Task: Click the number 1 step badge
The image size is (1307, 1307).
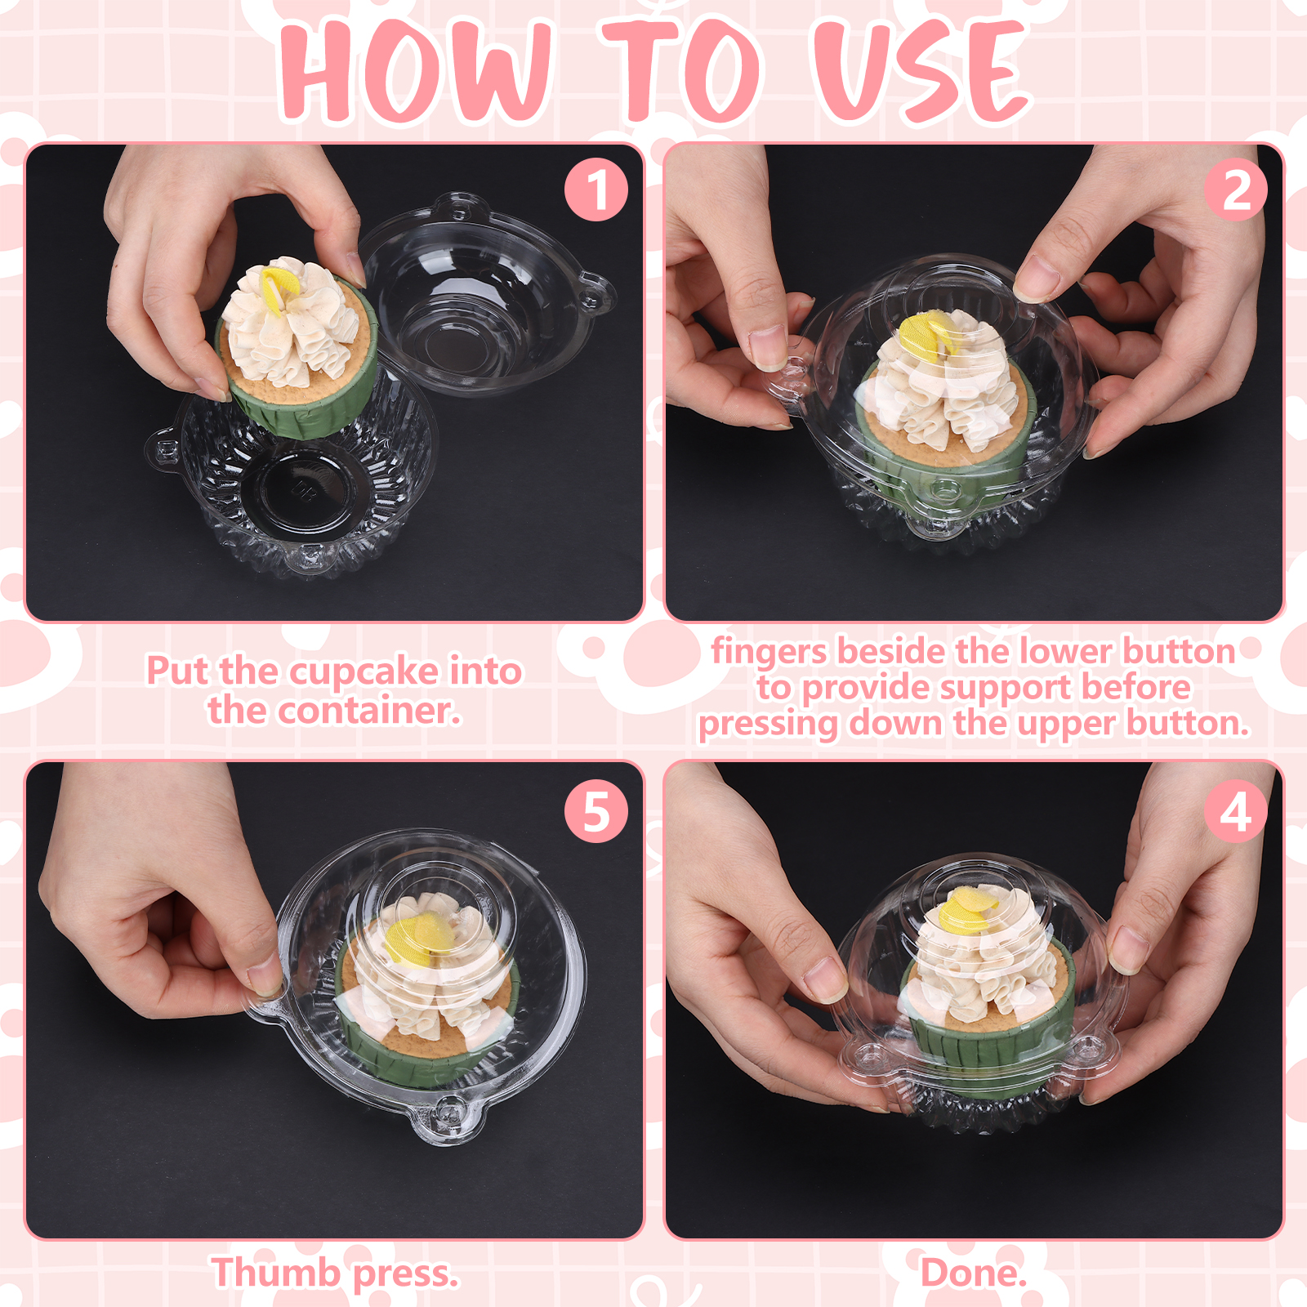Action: (x=596, y=190)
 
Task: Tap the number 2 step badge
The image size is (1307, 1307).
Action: (x=1236, y=190)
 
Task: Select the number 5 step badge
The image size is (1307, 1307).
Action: (x=596, y=811)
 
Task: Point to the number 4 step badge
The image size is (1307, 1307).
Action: (x=1236, y=811)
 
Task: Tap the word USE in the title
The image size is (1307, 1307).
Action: (x=921, y=72)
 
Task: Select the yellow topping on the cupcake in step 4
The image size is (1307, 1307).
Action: (x=967, y=912)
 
